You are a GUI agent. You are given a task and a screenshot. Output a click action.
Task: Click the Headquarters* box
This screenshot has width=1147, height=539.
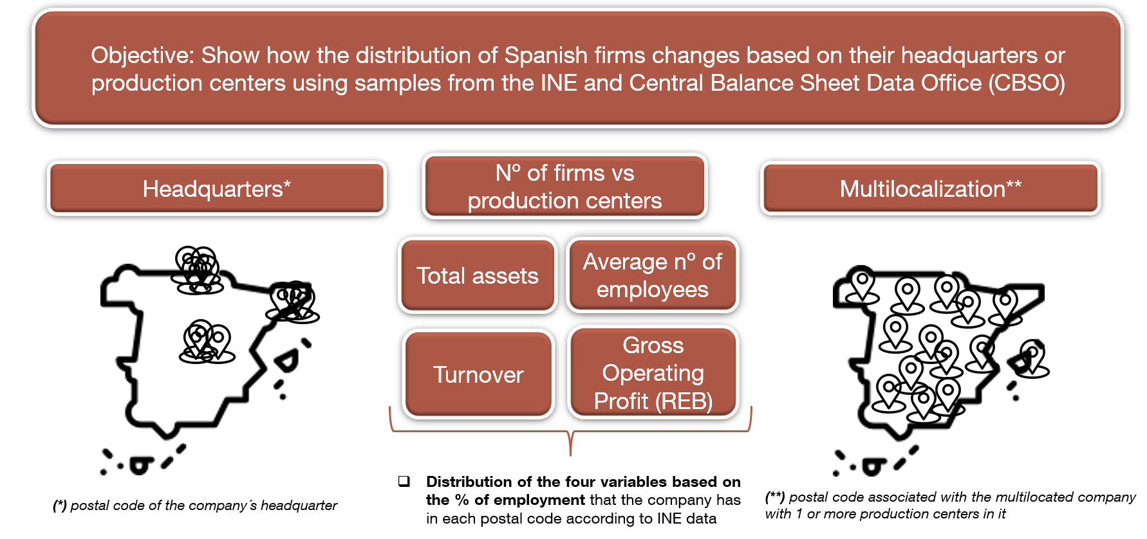(x=217, y=188)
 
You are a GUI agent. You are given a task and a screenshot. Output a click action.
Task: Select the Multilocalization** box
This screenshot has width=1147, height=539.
(x=931, y=188)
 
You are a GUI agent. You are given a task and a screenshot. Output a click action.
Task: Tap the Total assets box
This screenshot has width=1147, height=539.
(x=478, y=275)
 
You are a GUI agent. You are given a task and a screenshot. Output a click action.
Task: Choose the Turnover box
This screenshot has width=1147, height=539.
(x=478, y=374)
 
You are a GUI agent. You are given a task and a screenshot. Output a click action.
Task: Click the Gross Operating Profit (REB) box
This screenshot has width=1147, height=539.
(x=653, y=372)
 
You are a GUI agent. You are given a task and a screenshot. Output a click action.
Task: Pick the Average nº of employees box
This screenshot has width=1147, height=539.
(x=652, y=275)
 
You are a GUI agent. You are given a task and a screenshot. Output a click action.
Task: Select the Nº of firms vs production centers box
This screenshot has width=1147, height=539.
(x=564, y=187)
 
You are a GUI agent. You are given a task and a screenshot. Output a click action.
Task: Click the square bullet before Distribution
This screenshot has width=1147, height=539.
(x=404, y=481)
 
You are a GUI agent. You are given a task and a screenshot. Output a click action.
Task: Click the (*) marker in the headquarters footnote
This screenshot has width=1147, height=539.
(x=60, y=506)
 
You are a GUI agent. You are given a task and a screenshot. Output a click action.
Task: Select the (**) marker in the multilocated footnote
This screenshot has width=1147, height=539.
(x=775, y=497)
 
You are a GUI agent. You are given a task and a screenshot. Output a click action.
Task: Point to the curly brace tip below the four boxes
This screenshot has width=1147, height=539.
(x=571, y=454)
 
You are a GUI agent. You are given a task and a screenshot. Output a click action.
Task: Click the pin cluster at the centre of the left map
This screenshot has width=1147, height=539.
(x=207, y=342)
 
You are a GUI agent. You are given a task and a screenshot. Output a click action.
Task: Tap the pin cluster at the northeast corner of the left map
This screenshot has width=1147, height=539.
(x=293, y=302)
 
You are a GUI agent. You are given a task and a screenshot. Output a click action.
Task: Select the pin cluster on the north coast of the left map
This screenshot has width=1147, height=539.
(x=197, y=270)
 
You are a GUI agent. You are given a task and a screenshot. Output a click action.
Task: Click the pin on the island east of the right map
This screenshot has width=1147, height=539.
(x=1032, y=358)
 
